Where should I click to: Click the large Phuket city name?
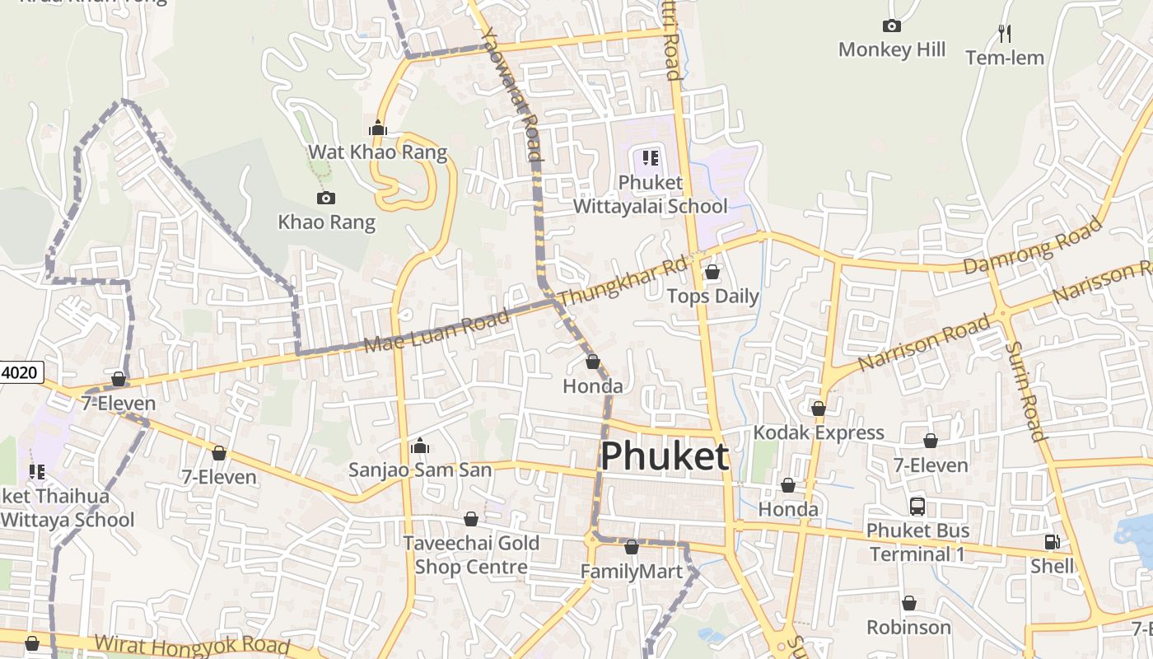[665, 456]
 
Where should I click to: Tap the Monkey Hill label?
[892, 49]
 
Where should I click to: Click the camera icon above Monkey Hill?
[891, 26]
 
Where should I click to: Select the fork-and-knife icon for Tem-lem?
[1004, 33]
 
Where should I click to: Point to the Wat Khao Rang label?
[377, 152]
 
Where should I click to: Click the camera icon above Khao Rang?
[326, 198]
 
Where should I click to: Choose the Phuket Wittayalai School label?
[650, 194]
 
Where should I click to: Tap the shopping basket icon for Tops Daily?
[712, 272]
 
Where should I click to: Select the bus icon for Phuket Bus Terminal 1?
[917, 506]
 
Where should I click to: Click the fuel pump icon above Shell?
[1052, 542]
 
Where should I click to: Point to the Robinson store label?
[908, 628]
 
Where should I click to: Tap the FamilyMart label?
[631, 572]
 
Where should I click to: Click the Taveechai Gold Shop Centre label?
[471, 555]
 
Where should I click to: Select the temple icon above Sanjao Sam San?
[420, 446]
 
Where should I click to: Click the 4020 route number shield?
[20, 372]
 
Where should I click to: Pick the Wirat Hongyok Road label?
[193, 645]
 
